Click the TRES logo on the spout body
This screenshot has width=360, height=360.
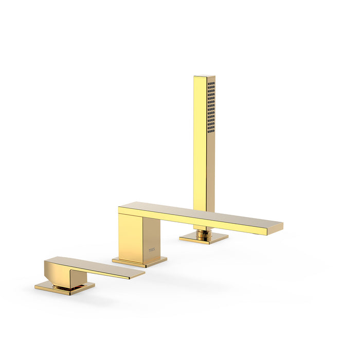[x=151, y=251]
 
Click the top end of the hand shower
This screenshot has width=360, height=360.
[x=204, y=77]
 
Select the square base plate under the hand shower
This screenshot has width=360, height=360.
[x=204, y=238]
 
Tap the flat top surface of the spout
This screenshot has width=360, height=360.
[x=206, y=213]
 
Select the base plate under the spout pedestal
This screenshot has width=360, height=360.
[x=139, y=262]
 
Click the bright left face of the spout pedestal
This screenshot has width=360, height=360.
[x=129, y=237]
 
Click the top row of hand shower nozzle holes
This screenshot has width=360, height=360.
[x=211, y=83]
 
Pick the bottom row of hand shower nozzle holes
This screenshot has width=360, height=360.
[x=211, y=132]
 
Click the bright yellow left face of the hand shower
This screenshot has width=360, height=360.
[x=200, y=144]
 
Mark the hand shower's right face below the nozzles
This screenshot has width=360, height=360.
[x=211, y=170]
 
